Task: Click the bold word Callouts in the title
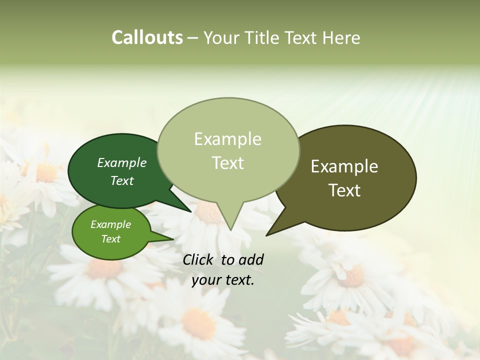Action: coord(147,37)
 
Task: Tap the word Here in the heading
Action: coord(341,37)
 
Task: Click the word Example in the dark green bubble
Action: coord(122,162)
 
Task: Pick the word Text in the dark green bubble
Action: coord(122,180)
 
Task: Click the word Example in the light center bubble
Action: coord(227,139)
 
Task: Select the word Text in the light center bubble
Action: coord(227,163)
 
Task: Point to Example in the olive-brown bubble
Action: coord(344,166)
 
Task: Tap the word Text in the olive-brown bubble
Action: coord(344,190)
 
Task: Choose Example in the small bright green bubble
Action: coord(110,224)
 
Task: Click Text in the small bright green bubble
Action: coord(110,239)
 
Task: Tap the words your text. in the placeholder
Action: coord(223,280)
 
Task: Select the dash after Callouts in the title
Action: coord(193,37)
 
